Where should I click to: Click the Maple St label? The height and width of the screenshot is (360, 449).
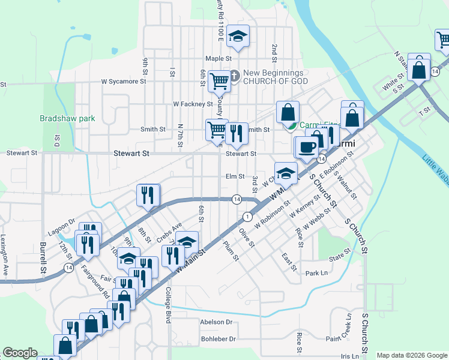coord(218,59)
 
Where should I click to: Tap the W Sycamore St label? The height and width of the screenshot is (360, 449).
coord(124,81)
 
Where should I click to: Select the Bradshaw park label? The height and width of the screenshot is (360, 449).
coord(67,119)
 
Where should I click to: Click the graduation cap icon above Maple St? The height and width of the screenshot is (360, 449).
coord(238,37)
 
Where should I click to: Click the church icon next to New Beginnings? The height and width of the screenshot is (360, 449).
coord(235,76)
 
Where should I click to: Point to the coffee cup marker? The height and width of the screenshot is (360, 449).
coord(307,147)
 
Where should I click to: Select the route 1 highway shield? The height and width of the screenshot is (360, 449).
coord(247,216)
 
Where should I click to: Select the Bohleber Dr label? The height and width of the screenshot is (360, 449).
coord(220,339)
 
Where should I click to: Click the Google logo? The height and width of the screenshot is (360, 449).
coord(20,353)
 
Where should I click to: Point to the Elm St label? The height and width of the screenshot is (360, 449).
coord(235,176)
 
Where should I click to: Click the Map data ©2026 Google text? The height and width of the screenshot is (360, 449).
coord(412,355)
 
